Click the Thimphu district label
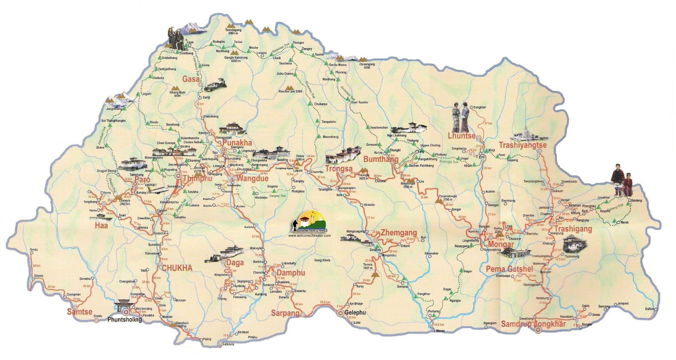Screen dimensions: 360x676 point(198,179)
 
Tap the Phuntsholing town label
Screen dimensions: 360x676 point(125,320)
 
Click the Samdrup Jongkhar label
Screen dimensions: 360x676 point(533,325)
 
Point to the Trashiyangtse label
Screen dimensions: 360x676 point(523,145)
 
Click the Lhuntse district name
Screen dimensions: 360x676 point(461,136)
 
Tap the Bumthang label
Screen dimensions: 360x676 point(381,159)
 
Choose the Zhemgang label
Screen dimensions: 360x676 point(399,233)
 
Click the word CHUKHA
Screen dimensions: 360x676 point(177,268)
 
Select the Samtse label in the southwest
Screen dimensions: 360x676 point(79,312)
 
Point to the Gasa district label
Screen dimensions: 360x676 point(191,79)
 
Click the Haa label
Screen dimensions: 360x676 point(101,226)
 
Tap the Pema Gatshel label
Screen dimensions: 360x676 point(509,269)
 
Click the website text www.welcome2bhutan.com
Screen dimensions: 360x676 point(309,236)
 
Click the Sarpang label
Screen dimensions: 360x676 point(285,314)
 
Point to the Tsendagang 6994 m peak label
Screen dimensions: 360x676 point(233,32)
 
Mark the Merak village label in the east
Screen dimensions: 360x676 point(624,222)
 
